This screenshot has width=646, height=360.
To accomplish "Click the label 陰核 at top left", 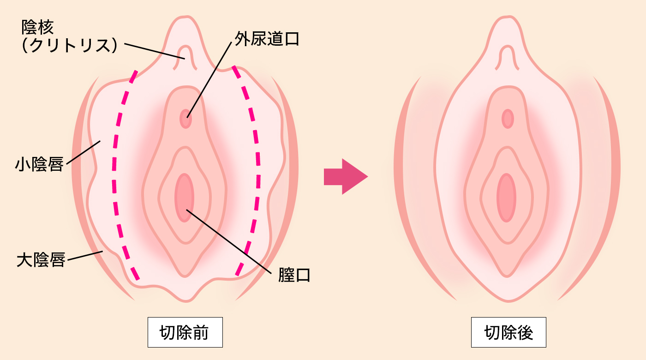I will point(38,28).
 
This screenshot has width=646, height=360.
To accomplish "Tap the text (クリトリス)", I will point(69,45).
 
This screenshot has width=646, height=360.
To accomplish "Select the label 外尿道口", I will point(267,39).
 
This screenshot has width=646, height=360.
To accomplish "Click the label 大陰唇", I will point(41,260).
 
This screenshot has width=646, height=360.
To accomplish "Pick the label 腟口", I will point(294,275).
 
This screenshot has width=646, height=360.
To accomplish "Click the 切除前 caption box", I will point(185,332).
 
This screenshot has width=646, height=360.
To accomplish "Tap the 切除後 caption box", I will point(508,332).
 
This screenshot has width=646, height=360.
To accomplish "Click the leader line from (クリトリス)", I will point(152,51).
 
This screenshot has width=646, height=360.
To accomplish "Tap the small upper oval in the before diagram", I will point(185,119).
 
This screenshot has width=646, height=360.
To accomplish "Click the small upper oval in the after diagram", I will point(508,119).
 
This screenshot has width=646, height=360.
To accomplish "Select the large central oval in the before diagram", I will point(185,198).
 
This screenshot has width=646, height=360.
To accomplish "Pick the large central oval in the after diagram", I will point(506,198).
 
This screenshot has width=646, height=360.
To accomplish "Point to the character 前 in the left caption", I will point(201,332).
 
